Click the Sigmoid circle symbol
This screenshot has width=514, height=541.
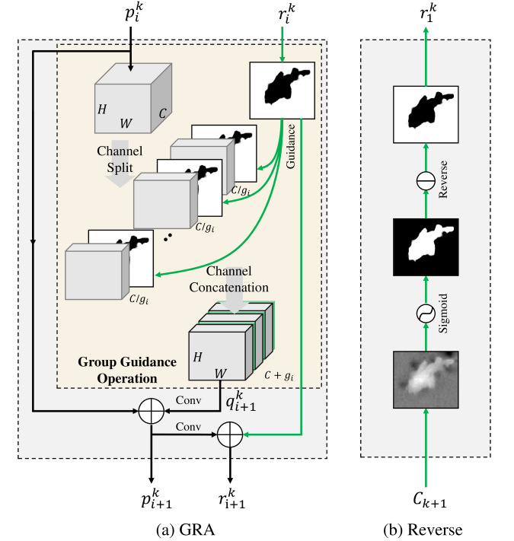426,313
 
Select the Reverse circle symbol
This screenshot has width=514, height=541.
426,180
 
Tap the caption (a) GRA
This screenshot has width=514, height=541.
185,530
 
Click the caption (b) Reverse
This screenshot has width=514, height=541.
423,530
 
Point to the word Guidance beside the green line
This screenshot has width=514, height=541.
291,146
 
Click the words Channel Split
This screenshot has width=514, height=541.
120,159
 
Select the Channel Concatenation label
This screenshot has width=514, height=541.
228,279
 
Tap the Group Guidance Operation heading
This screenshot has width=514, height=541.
127,371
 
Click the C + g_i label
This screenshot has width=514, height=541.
279,375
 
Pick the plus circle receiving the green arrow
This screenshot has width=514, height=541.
230,434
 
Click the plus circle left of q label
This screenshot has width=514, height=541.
152,411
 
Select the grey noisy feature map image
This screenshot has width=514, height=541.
426,380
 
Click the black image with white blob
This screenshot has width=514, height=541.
426,247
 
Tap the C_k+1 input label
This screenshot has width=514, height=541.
429,500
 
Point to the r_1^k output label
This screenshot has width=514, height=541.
428,13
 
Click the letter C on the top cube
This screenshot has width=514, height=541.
162,113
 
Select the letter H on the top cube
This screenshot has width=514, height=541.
102,110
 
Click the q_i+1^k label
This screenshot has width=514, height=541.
241,401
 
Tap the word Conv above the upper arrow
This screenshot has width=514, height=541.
188,400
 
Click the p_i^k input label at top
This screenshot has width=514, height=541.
134,13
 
